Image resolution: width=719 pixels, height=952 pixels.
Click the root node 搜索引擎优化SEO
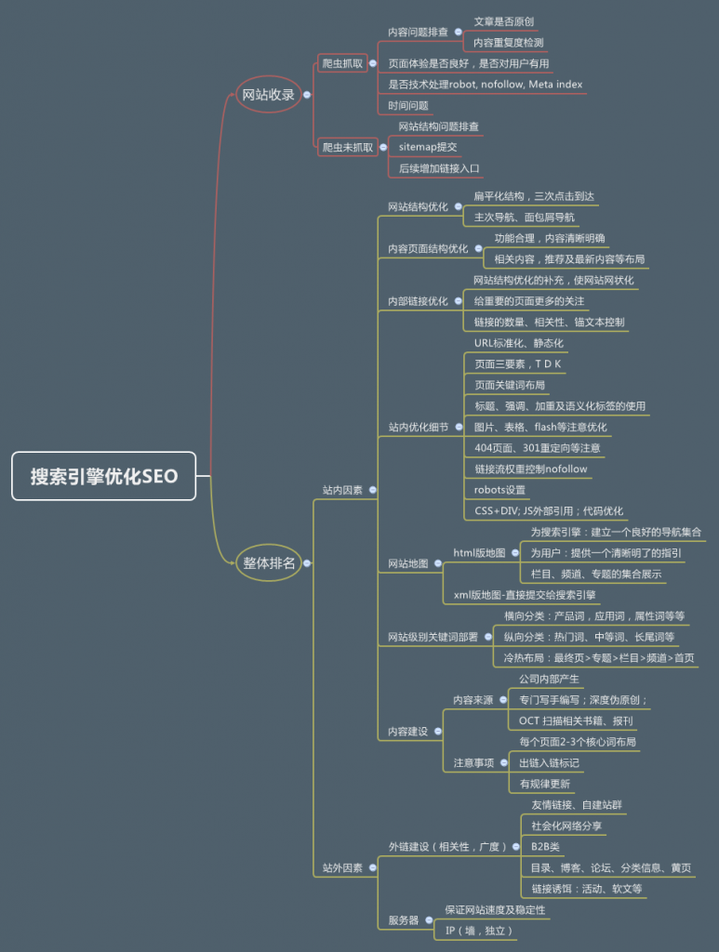104,476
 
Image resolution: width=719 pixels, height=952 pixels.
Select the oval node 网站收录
268,94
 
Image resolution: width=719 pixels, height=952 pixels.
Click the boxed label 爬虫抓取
341,63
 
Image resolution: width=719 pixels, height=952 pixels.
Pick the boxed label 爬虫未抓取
347,147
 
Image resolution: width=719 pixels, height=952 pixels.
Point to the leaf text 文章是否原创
503,21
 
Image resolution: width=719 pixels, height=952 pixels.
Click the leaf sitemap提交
428,147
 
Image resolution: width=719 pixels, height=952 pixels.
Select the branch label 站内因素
342,489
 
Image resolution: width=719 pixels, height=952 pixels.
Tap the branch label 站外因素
342,867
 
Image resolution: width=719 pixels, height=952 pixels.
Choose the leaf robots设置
499,490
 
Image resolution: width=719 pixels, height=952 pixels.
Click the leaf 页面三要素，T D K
518,364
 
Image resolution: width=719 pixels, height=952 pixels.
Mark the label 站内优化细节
418,427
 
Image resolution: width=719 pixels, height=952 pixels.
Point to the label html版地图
479,552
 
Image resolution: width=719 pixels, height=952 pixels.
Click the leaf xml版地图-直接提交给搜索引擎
525,595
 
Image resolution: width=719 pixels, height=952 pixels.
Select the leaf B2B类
545,847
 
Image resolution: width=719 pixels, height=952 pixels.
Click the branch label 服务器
403,920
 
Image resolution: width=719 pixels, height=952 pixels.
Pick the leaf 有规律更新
545,784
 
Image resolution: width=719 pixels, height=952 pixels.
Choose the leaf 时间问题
408,105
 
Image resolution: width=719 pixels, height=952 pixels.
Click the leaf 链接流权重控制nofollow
531,469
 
